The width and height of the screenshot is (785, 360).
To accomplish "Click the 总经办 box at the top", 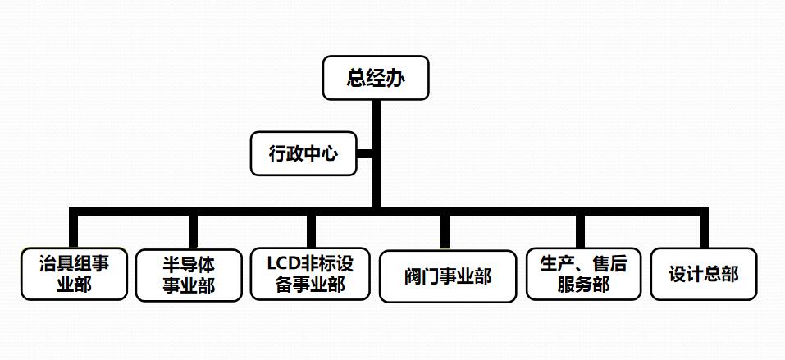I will [x=376, y=78].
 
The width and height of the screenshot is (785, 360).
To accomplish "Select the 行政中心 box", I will [x=304, y=153].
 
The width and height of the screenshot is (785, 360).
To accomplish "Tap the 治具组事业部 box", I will [x=74, y=274].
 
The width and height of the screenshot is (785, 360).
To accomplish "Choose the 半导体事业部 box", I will [x=189, y=275].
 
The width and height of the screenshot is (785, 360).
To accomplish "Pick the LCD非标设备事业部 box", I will [x=310, y=274].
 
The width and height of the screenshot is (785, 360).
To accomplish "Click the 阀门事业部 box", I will [x=447, y=276].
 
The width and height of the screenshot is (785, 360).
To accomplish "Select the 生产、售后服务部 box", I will [x=583, y=274].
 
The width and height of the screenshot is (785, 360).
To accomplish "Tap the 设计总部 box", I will [x=703, y=274].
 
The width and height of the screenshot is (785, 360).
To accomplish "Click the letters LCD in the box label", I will [x=285, y=264].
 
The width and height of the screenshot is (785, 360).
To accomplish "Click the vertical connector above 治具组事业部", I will [x=74, y=229].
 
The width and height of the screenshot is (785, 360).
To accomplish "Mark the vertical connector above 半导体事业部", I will [x=194, y=230].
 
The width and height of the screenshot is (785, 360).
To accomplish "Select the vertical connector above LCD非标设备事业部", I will [x=311, y=230].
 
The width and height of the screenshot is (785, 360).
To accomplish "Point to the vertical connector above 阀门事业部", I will [x=445, y=230].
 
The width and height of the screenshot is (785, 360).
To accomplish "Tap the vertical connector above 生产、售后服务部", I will [x=581, y=230].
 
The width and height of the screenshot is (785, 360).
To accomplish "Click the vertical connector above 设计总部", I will [x=703, y=230].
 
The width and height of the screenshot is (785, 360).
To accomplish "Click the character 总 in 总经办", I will [x=356, y=78].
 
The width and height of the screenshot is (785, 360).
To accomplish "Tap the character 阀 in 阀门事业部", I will [x=413, y=276].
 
